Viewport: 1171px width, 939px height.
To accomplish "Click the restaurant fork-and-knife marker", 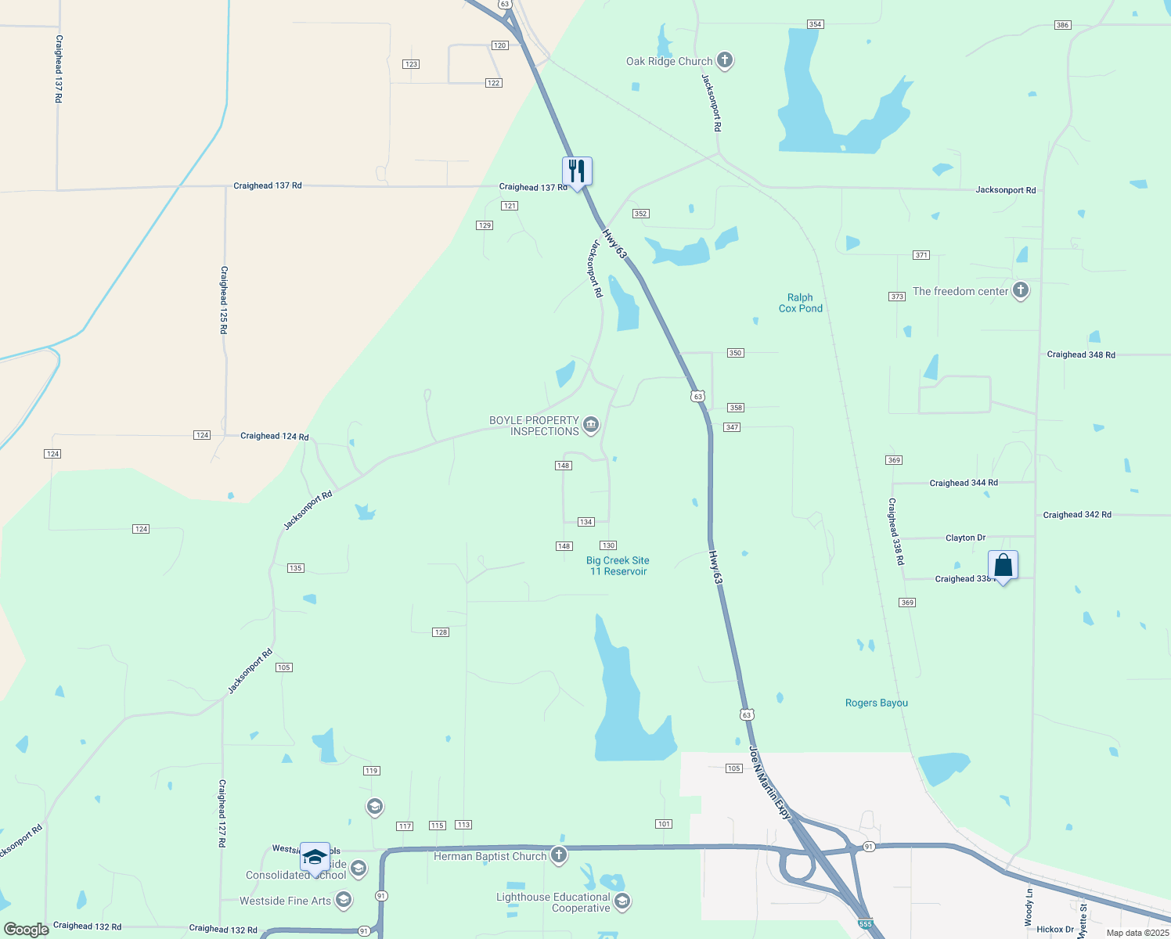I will pyautogui.click(x=577, y=171).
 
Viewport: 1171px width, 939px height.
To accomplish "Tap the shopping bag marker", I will pyautogui.click(x=1003, y=565).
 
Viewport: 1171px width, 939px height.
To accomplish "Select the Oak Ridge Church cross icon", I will pyautogui.click(x=725, y=60).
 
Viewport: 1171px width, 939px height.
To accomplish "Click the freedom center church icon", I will pyautogui.click(x=1020, y=291).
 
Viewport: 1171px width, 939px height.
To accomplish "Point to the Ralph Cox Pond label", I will pyautogui.click(x=800, y=303).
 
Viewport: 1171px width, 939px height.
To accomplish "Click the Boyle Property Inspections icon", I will pyautogui.click(x=591, y=425).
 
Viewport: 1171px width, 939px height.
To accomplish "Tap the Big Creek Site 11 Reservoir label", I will pyautogui.click(x=618, y=566).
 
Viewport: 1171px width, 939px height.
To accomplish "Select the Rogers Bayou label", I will pyautogui.click(x=876, y=703).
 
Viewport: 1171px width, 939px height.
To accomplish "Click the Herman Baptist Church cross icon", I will pyautogui.click(x=558, y=855).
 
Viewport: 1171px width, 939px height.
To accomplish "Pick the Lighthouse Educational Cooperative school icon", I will pyautogui.click(x=622, y=902).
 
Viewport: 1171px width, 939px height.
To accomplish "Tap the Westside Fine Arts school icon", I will pyautogui.click(x=343, y=901).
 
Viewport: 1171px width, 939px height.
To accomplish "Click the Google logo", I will pyautogui.click(x=26, y=929).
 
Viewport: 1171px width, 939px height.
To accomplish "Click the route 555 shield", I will pyautogui.click(x=865, y=924).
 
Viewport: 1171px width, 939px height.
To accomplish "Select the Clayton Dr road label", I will pyautogui.click(x=965, y=538).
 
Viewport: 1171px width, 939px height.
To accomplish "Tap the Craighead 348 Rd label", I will pyautogui.click(x=1081, y=354).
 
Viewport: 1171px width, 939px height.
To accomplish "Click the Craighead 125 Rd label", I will pyautogui.click(x=224, y=300).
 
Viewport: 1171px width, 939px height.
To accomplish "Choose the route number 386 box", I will pyautogui.click(x=1062, y=25).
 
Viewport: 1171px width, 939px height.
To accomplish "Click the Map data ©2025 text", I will pyautogui.click(x=1137, y=933).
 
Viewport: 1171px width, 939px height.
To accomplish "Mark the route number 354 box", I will pyautogui.click(x=815, y=24).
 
